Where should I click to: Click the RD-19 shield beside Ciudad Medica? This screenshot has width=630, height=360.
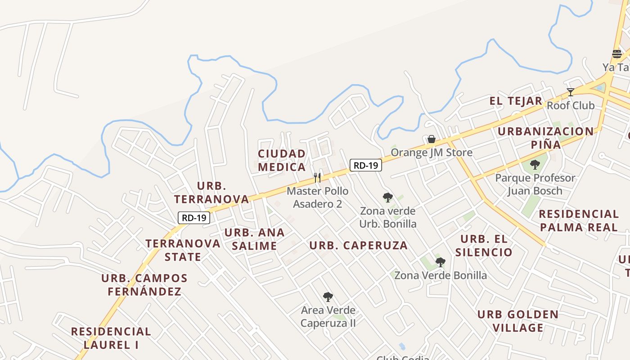click(x=366, y=165)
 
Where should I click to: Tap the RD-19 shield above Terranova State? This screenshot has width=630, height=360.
click(x=194, y=218)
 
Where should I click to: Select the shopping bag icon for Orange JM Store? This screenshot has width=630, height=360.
click(x=431, y=139)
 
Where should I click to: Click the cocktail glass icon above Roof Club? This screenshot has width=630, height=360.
click(x=571, y=92)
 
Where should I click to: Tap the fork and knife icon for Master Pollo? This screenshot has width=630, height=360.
click(x=317, y=177)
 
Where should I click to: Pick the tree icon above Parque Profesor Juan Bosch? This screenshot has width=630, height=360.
click(x=535, y=165)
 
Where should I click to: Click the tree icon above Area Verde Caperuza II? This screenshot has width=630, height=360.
click(x=328, y=297)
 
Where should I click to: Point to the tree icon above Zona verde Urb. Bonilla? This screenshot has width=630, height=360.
click(x=387, y=197)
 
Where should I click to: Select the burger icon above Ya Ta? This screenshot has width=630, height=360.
click(x=616, y=54)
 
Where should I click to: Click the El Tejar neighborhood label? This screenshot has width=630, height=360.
click(x=516, y=101)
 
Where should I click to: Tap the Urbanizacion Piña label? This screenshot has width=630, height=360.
click(x=545, y=138)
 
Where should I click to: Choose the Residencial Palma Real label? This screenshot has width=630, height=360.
click(x=579, y=220)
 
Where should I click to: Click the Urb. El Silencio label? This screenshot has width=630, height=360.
click(x=484, y=245)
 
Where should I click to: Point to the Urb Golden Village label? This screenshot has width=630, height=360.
click(x=518, y=321)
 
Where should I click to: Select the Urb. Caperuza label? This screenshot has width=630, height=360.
click(x=359, y=246)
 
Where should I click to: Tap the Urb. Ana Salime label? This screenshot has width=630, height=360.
click(x=255, y=239)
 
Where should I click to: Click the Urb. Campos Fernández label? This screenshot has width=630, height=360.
click(x=144, y=284)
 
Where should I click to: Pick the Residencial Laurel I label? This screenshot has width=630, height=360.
click(x=111, y=338)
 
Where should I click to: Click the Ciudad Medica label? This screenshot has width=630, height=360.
click(x=282, y=160)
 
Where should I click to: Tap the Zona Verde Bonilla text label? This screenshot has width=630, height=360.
click(x=441, y=275)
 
